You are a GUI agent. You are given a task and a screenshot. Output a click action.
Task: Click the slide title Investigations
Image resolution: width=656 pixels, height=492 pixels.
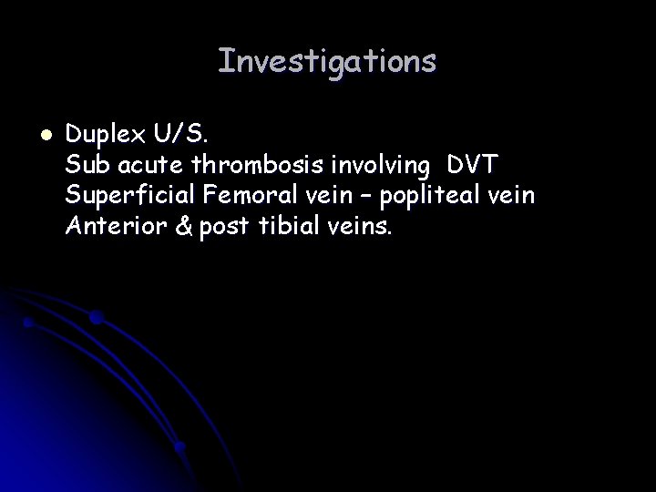coord(327,61)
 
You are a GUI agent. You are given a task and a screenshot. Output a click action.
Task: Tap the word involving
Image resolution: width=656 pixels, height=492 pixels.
coord(378,167)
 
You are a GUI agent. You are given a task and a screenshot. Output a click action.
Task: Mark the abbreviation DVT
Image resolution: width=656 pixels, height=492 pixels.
coord(471,167)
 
